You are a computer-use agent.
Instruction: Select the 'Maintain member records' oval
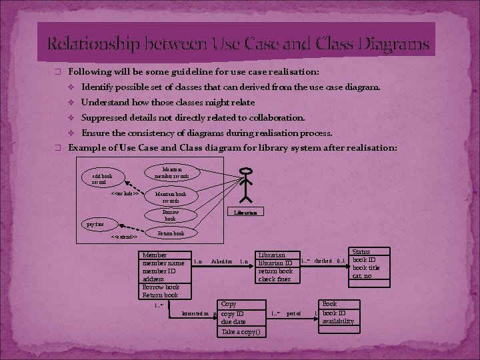(x=171, y=173)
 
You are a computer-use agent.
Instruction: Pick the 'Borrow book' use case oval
(x=170, y=215)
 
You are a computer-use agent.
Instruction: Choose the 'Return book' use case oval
(x=171, y=233)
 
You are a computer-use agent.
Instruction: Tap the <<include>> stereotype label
(x=125, y=193)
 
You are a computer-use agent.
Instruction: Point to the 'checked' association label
(x=323, y=261)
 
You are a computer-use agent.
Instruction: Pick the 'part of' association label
(x=293, y=313)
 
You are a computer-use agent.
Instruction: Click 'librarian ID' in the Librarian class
(x=275, y=263)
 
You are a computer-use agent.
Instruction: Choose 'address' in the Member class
(x=154, y=279)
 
